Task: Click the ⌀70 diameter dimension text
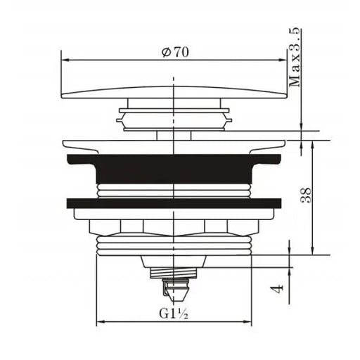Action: tap(174, 52)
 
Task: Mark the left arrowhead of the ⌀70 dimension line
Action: tap(65, 60)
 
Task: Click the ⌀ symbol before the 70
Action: tap(165, 52)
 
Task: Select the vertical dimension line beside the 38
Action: tap(313, 196)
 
